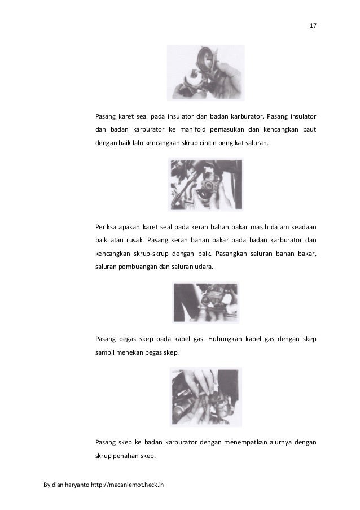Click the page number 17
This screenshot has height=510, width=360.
pos(313,26)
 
